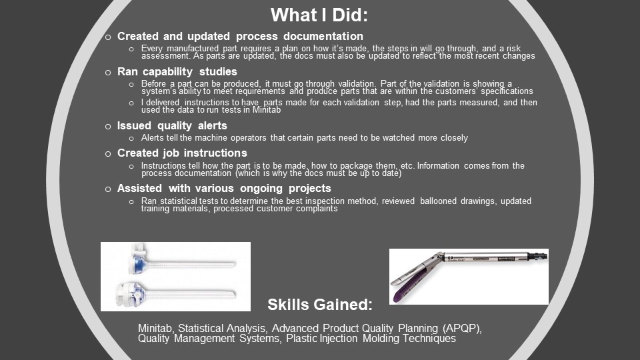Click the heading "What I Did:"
click(x=319, y=15)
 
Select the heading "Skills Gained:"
click(x=320, y=305)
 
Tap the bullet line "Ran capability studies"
click(x=177, y=72)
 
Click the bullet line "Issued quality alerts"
click(x=172, y=126)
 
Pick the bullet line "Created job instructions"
click(x=182, y=153)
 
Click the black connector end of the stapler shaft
click(x=538, y=256)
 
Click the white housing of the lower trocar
click(x=129, y=293)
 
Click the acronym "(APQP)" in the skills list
click(x=462, y=329)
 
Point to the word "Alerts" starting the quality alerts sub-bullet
click(x=152, y=138)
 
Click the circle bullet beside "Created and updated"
click(x=108, y=37)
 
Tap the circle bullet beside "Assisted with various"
click(x=108, y=189)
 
